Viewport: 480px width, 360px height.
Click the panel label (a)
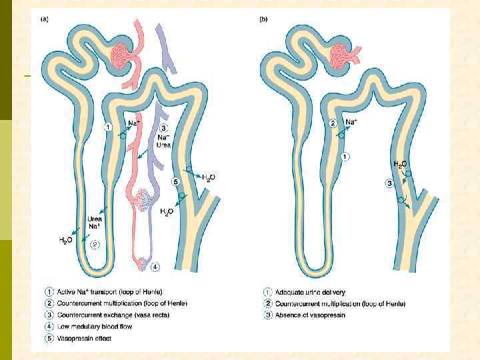45,19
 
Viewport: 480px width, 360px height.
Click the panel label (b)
263,19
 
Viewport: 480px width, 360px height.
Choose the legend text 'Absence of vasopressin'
311,315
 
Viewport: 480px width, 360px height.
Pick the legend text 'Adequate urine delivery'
311,293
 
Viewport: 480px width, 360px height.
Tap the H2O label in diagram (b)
400,164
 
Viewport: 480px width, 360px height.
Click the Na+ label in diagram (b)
352,122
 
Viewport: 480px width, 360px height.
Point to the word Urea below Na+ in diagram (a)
95,218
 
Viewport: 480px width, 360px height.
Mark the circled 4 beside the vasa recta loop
155,268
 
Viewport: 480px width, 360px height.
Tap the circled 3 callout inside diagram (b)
389,183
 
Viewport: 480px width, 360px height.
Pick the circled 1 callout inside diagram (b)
345,157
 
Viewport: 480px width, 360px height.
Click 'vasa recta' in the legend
154,315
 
